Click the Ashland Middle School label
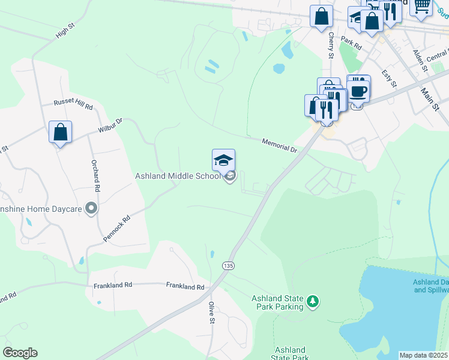pos(179,175)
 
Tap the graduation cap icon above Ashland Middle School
pos(223,160)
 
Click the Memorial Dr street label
pos(279,145)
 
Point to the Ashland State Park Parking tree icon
pos(312,301)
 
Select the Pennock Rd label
pos(116,229)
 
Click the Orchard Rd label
pos(95,175)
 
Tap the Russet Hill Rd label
pos(73,104)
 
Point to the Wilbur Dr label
pos(110,125)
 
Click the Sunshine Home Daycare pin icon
pos(91,208)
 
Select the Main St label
pos(430,99)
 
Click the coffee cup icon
pos(359,91)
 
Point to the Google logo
pos(20,353)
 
